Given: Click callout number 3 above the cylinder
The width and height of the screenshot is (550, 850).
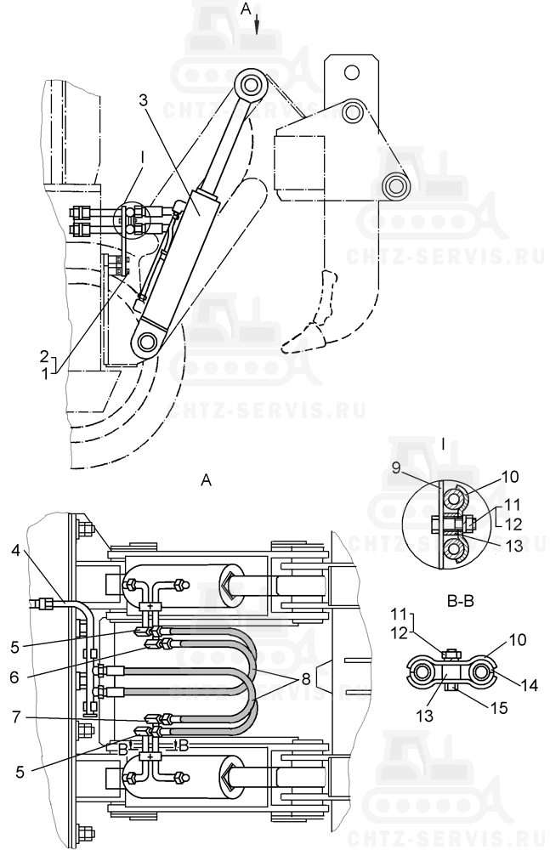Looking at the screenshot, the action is point(143,99).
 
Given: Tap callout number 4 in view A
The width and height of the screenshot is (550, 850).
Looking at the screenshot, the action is point(15,551).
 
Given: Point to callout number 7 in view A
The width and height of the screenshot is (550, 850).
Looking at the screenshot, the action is point(16,717).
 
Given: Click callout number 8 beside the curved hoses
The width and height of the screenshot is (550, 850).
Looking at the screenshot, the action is point(306,679).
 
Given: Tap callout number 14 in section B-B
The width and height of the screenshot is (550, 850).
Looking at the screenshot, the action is point(530,686).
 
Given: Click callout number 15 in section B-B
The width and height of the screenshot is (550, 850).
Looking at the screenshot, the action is point(500,707).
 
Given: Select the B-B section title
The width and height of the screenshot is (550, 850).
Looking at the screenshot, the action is point(461,603).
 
